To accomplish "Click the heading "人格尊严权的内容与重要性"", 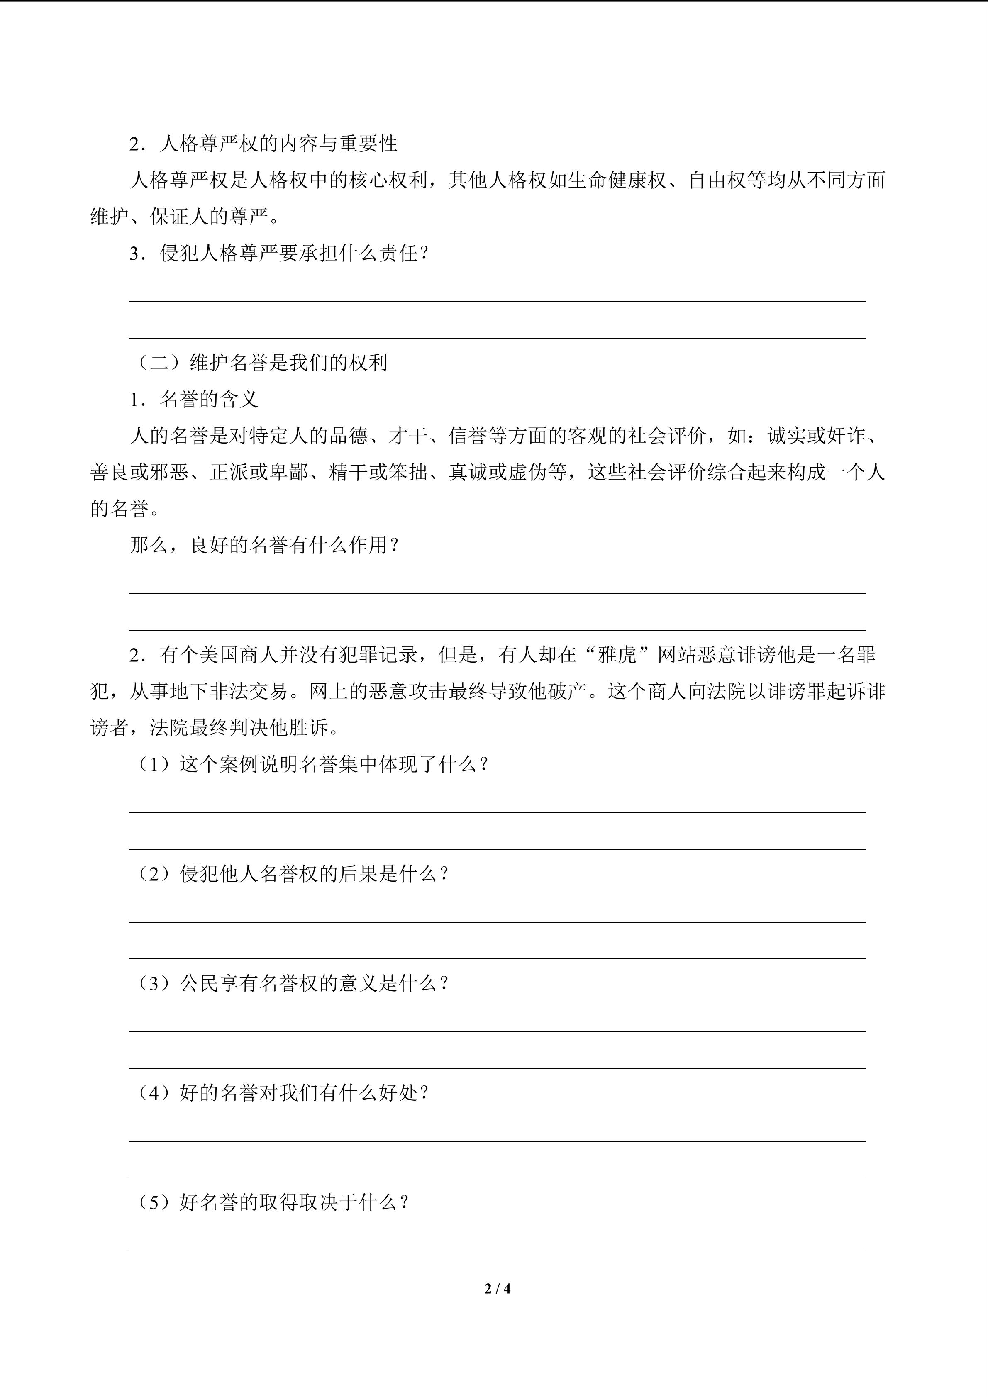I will (278, 144).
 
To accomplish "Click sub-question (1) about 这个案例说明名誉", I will (311, 764).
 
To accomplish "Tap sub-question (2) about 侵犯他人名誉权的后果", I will (291, 874).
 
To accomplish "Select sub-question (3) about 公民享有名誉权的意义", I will (291, 983).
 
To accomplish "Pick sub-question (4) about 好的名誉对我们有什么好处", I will (281, 1093).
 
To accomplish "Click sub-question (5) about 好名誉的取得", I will (271, 1202).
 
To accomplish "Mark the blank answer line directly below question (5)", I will (497, 1251).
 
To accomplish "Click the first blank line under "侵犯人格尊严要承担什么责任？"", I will (497, 300).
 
